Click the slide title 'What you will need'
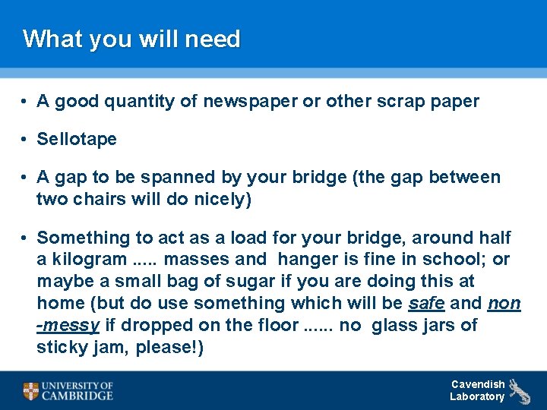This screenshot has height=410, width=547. pyautogui.click(x=131, y=39)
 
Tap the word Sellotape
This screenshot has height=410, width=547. pyautogui.click(x=77, y=139)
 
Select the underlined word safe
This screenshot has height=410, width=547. pyautogui.click(x=426, y=304)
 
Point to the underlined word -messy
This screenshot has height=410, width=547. pyautogui.click(x=68, y=326)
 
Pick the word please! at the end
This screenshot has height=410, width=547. pyautogui.click(x=173, y=348)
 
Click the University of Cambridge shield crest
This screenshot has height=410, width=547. pyautogui.click(x=30, y=391)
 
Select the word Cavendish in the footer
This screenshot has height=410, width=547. pyautogui.click(x=478, y=384)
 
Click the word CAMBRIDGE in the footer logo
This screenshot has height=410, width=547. pyautogui.click(x=77, y=396)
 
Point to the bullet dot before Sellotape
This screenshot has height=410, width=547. pyautogui.click(x=25, y=140)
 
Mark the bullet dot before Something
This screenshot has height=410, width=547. pyautogui.click(x=25, y=238)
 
